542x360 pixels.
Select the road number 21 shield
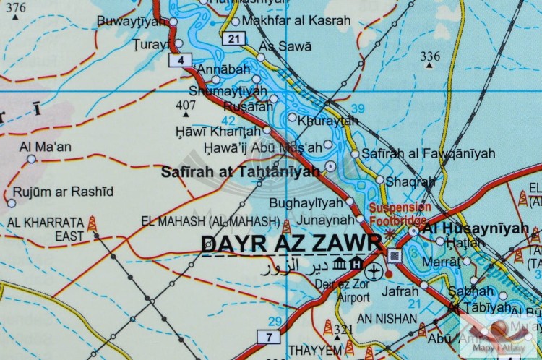(232, 38)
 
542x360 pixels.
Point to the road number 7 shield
(268, 336)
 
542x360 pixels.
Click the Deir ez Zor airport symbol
(374, 273)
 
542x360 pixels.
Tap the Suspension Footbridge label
(400, 213)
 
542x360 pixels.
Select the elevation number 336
(430, 56)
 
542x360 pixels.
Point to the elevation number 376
(15, 8)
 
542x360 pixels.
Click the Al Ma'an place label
(45, 147)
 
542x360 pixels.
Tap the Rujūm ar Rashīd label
(64, 191)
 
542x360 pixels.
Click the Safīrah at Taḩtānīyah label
(239, 171)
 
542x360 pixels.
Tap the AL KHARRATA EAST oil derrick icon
(93, 224)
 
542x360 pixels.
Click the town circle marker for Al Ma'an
(30, 160)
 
